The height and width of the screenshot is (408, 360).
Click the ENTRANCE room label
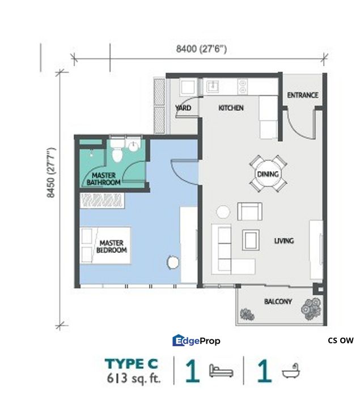pyautogui.click(x=302, y=95)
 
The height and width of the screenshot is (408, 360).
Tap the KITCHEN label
pyautogui.click(x=231, y=108)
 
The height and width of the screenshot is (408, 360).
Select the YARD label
pyautogui.click(x=183, y=108)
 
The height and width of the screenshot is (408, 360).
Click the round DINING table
pyautogui.click(x=268, y=174)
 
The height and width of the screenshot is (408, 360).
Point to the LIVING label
pyautogui.click(x=283, y=241)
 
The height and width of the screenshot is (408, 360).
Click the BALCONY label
pyautogui.click(x=278, y=301)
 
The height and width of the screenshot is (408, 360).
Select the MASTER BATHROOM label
pyautogui.click(x=103, y=179)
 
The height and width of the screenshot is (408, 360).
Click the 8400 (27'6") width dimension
pyautogui.click(x=201, y=49)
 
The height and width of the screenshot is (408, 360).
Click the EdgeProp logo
pyautogui.click(x=196, y=341)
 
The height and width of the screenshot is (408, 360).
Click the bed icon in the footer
pyautogui.click(x=221, y=371)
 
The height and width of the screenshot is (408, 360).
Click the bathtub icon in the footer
pyautogui.click(x=290, y=371)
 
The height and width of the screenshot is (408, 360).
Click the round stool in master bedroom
pyautogui.click(x=173, y=262)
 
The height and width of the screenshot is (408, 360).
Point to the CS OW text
pyautogui.click(x=340, y=341)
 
